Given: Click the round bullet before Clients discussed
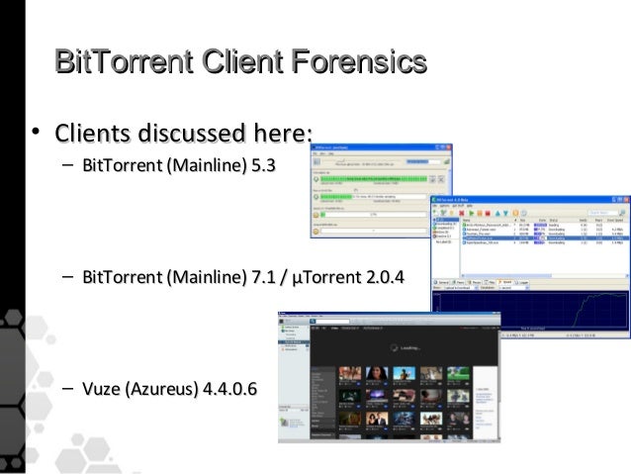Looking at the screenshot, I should coord(34,133).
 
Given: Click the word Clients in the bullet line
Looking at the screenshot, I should coord(93,132).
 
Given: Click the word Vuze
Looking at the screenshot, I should coord(102,386).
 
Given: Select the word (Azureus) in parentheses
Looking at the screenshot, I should coord(161,386).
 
